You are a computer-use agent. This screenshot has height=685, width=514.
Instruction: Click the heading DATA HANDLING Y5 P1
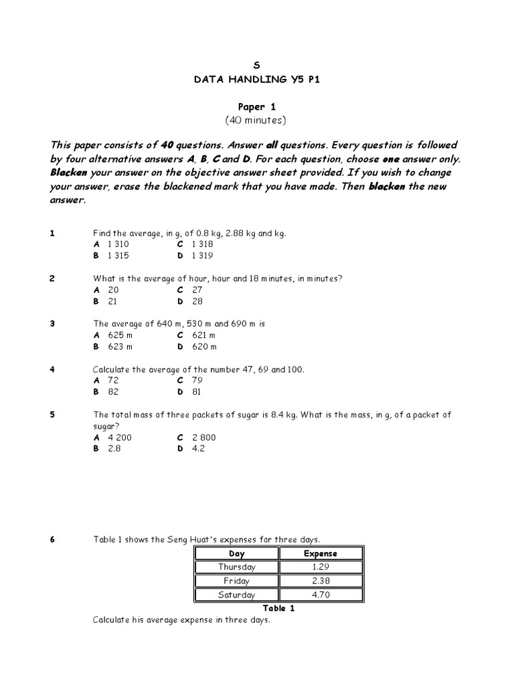(x=257, y=80)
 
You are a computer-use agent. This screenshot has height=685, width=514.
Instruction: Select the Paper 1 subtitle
(x=257, y=107)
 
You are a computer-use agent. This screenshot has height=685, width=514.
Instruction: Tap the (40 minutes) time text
(x=257, y=120)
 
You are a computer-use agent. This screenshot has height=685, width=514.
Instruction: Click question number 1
(x=52, y=233)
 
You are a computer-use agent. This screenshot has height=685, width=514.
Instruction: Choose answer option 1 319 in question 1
(x=202, y=256)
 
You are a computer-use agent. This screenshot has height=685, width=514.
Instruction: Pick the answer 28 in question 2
(x=197, y=301)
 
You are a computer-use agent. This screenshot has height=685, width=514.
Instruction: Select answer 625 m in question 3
(x=120, y=335)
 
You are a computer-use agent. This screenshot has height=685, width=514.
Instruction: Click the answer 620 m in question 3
(x=203, y=347)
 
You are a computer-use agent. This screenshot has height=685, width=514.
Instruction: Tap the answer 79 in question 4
(x=197, y=381)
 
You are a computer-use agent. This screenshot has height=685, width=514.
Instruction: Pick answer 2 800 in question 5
(x=203, y=437)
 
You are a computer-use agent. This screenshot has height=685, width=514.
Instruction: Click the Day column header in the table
(x=237, y=554)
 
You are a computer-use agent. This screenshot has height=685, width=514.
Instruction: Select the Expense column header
(x=321, y=554)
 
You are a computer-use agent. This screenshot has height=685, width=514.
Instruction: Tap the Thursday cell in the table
(x=237, y=567)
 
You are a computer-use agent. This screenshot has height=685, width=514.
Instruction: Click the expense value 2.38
(x=321, y=581)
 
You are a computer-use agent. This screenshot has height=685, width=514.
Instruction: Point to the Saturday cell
(x=237, y=595)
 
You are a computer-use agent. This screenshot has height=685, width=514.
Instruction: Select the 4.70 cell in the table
(x=321, y=595)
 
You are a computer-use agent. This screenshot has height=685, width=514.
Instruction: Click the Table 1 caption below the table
(x=278, y=609)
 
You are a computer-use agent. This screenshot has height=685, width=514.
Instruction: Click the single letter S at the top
(x=256, y=66)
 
